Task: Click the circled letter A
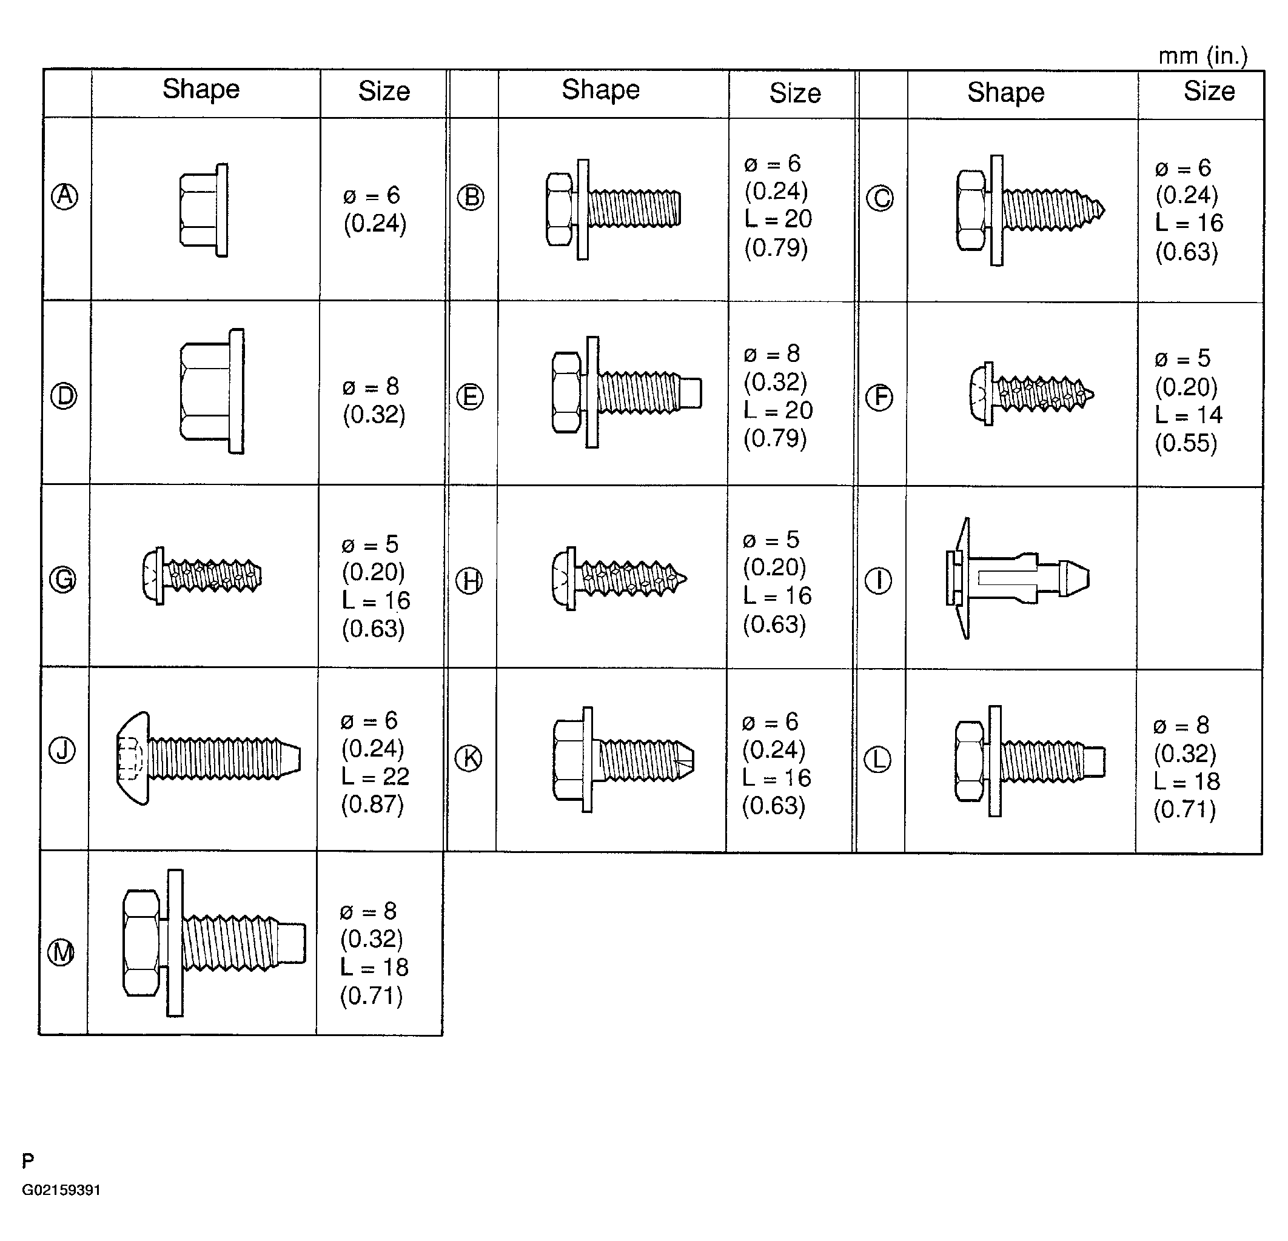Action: pyautogui.click(x=64, y=196)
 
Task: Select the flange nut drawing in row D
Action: pyautogui.click(x=212, y=391)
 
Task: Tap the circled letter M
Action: pyautogui.click(x=62, y=952)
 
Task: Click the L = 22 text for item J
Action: pyautogui.click(x=375, y=777)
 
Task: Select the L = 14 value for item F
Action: pyautogui.click(x=1189, y=415)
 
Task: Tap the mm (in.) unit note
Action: pyautogui.click(x=1202, y=56)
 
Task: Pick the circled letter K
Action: pyautogui.click(x=469, y=758)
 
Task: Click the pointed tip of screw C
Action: pyautogui.click(x=1104, y=211)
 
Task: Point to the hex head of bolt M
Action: pyautogui.click(x=141, y=943)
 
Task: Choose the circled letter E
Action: pyautogui.click(x=470, y=397)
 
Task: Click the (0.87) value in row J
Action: pyautogui.click(x=372, y=804)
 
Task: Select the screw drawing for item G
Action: pyautogui.click(x=202, y=575)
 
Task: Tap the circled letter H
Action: pyautogui.click(x=469, y=581)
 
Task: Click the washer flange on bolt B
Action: pyautogui.click(x=583, y=210)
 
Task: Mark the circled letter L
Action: pyautogui.click(x=877, y=760)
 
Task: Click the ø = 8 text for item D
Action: pyautogui.click(x=371, y=386)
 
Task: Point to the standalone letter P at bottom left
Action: pyautogui.click(x=28, y=1162)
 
